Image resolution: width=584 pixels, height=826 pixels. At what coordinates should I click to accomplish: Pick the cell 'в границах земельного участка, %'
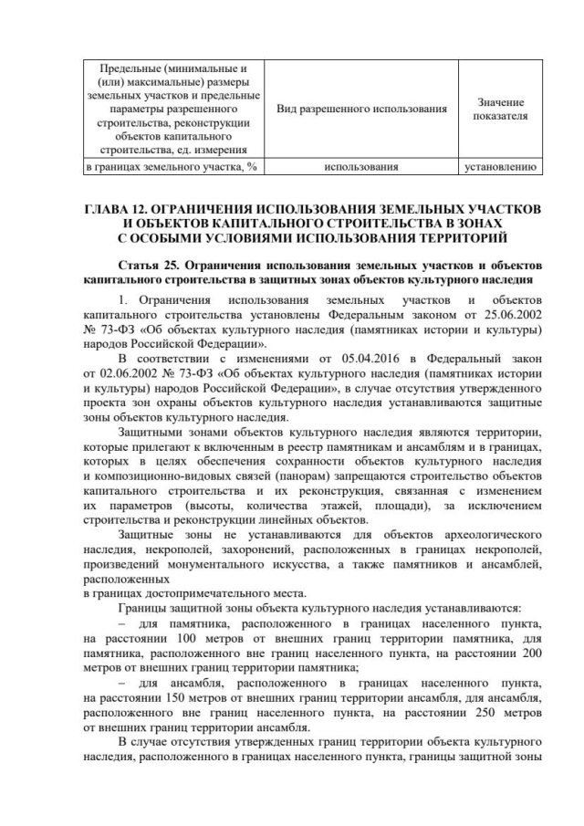point(169,167)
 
